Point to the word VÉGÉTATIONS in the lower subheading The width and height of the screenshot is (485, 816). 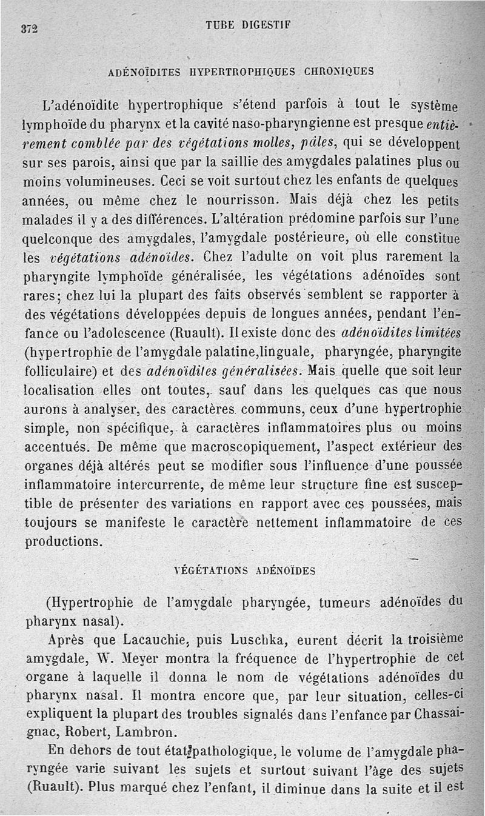coord(210,570)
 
